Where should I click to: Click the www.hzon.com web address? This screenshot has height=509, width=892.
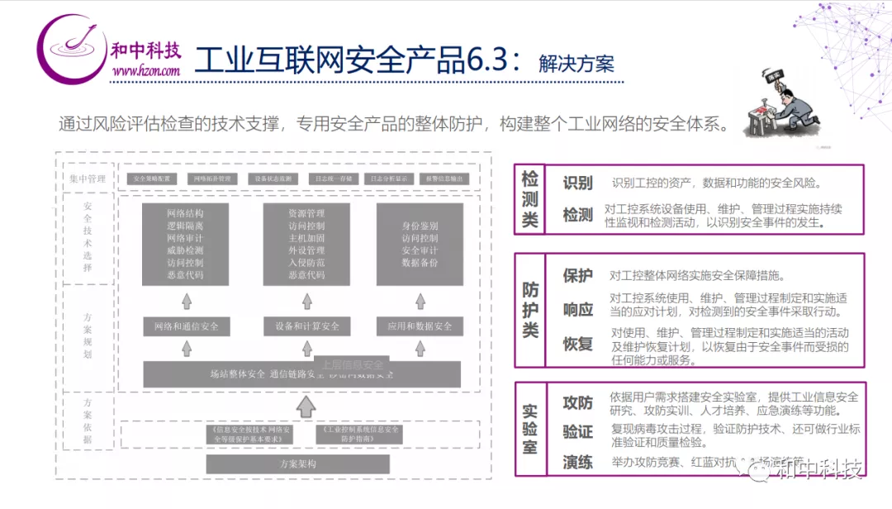[146, 71]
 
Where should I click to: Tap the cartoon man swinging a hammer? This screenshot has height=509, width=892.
[780, 107]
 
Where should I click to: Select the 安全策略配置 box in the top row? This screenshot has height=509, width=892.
[151, 178]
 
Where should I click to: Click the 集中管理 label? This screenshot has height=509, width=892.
[88, 178]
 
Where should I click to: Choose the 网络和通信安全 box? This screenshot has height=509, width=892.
[186, 326]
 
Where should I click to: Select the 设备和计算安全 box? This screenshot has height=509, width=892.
[307, 326]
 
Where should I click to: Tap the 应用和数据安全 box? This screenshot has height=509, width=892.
[420, 326]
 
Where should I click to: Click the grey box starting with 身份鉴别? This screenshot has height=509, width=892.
[420, 244]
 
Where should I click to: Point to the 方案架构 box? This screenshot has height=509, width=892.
[298, 464]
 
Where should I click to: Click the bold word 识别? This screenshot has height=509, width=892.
[578, 183]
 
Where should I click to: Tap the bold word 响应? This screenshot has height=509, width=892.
[578, 310]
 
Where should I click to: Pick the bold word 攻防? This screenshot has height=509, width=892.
[578, 402]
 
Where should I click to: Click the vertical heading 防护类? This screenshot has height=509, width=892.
[530, 310]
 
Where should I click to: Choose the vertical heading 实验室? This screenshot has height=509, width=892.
[530, 429]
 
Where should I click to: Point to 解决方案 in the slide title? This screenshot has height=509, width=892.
[576, 64]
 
